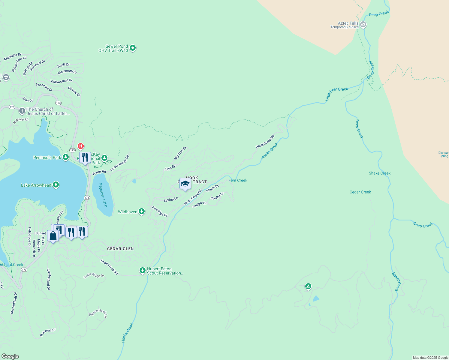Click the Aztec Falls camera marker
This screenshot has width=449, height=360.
click(363, 25)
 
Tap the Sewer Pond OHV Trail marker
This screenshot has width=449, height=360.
click(133, 48)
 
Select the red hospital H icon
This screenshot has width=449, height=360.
click(80, 146)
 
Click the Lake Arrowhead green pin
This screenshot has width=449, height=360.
click(56, 185)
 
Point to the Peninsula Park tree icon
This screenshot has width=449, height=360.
click(66, 157)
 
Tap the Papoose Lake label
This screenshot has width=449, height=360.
click(103, 195)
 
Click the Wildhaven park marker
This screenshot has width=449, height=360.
click(142, 211)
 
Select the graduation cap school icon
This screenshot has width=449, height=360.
click(185, 184)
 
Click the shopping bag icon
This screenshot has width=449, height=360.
click(53, 236)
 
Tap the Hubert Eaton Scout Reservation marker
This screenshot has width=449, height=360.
click(143, 270)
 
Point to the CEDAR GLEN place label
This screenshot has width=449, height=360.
click(120, 249)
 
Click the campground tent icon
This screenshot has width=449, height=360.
click(308, 286)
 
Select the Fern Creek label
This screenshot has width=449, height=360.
click(238, 180)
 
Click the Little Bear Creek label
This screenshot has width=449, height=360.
click(337, 93)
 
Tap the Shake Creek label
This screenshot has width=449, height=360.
click(379, 173)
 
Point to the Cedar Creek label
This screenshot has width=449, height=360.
click(360, 192)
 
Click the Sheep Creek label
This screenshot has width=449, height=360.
click(396, 282)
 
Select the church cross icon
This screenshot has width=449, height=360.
click(22, 111)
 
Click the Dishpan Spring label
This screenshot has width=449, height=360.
click(444, 154)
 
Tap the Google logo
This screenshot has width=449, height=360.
click(10, 356)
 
